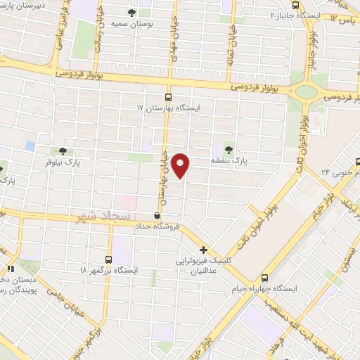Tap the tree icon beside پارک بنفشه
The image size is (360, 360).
(229, 148)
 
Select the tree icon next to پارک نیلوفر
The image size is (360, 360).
(63, 150)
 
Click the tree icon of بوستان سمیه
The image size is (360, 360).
(132, 13)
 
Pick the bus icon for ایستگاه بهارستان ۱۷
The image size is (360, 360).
(167, 97)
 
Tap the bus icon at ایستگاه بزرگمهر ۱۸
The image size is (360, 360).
(108, 259)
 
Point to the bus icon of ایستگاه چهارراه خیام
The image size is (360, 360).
(264, 277)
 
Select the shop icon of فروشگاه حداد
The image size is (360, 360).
(157, 216)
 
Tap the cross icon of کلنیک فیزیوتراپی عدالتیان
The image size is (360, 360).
(203, 250)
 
